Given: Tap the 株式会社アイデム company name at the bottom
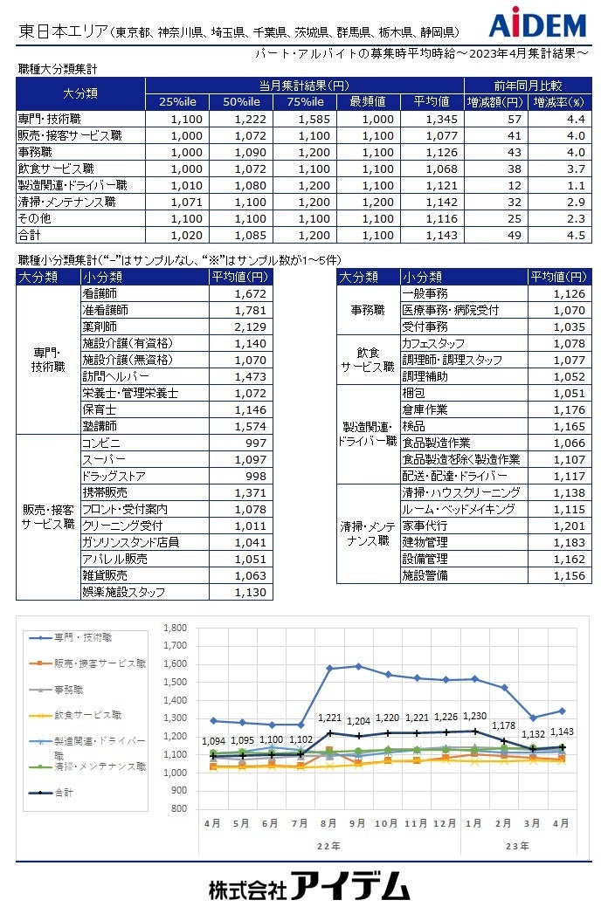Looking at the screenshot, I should pyautogui.click(x=309, y=886).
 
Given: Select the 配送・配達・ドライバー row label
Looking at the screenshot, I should pyautogui.click(x=453, y=476).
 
